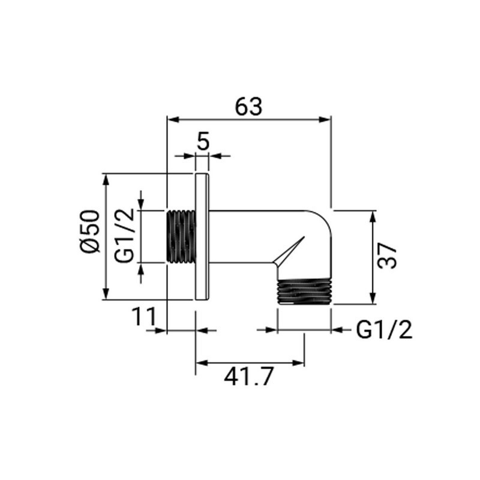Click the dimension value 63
248,107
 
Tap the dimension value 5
203,141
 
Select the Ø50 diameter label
90,232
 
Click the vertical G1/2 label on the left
124,235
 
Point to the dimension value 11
144,317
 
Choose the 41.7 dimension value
248,377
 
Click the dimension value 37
387,256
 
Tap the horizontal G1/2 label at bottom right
384,329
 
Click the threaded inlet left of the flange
181,236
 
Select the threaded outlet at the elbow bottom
304,291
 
